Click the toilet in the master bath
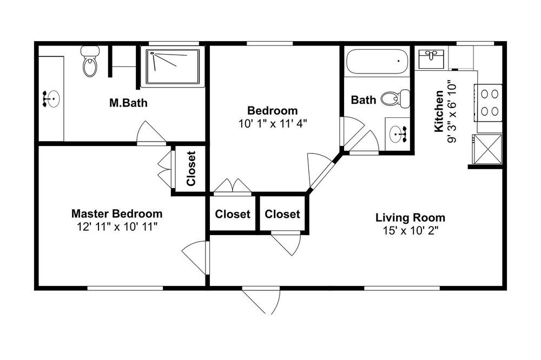[90, 62]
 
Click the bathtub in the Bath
[377, 62]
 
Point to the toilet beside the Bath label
[395, 98]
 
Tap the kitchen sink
[431, 59]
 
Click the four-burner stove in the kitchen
[488, 103]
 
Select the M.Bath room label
[128, 103]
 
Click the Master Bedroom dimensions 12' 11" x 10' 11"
[117, 227]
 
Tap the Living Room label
[410, 218]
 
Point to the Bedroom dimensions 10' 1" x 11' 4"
[273, 123]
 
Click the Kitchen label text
[439, 111]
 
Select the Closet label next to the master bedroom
[191, 168]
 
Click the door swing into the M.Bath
[151, 132]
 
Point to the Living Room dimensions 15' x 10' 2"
[410, 230]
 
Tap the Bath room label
[364, 100]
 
